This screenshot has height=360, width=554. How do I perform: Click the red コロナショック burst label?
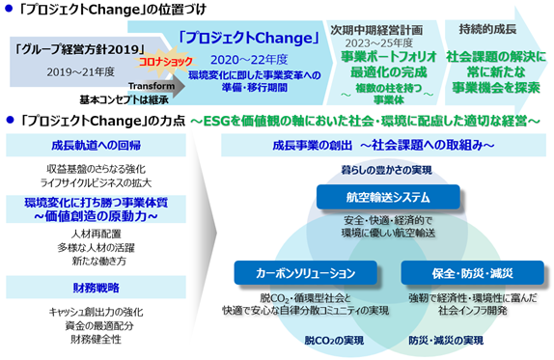pos(166,62)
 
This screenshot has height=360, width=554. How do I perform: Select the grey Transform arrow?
pos(156,86)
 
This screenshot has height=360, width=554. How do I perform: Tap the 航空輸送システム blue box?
pos(388,197)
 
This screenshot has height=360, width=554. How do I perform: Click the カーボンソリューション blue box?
pos(306,273)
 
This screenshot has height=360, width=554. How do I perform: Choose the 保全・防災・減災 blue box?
pos(472,273)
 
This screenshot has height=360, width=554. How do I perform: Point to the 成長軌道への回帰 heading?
pos(97,145)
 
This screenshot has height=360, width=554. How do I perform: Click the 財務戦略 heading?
pos(97,288)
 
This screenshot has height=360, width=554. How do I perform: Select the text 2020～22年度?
pos(249,60)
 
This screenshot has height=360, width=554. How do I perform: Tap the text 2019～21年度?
pos(80,72)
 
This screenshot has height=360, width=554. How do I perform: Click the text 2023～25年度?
pos(378,43)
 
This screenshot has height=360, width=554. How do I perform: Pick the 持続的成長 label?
pos(487,29)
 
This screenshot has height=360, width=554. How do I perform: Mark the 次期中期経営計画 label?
pos(376,30)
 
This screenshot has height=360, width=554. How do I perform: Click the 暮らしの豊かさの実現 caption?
pos(386,170)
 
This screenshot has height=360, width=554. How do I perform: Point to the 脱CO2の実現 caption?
pos(334,341)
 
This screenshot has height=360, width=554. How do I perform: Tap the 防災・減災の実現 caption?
pos(446,341)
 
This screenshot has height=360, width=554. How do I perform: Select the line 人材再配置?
pos(97,234)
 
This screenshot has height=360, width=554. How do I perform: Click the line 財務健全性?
pos(97,339)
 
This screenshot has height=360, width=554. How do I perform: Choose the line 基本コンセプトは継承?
pos(124,100)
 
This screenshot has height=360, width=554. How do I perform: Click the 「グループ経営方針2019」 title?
pos(80,49)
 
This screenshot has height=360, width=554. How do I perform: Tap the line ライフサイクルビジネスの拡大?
pos(97,182)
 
